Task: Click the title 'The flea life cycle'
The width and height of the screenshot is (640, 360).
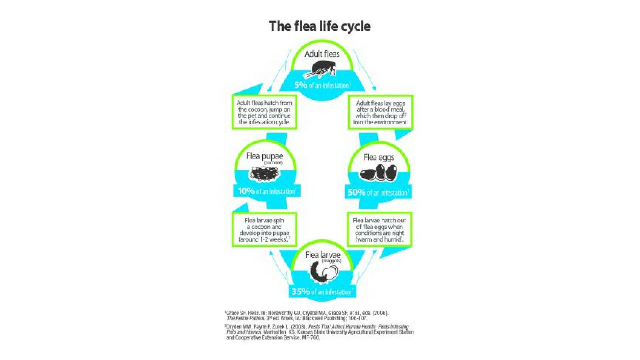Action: [320, 26]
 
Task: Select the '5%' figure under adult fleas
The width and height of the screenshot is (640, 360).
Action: [301, 85]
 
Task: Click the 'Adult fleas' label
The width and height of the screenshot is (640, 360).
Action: [322, 54]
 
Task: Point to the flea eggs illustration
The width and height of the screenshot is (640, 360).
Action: [378, 173]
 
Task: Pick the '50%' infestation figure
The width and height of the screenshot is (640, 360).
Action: [357, 192]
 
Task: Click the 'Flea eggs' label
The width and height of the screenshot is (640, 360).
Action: [379, 157]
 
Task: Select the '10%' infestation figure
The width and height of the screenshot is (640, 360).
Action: [246, 191]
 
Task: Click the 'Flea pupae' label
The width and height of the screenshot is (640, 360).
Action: [265, 156]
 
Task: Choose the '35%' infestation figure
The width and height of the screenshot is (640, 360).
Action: [301, 292]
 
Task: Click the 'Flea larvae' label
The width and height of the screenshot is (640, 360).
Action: [323, 255]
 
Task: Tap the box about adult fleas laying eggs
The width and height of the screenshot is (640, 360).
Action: [381, 112]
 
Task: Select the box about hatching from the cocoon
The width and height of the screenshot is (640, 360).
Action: [264, 112]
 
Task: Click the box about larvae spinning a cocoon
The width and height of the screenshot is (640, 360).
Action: [264, 230]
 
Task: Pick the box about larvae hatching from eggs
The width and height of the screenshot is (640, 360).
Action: [379, 230]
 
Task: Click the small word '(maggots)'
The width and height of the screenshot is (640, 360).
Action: [331, 261]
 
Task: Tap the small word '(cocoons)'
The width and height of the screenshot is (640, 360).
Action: [273, 163]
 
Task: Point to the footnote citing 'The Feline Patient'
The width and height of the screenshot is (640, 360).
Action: [307, 316]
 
